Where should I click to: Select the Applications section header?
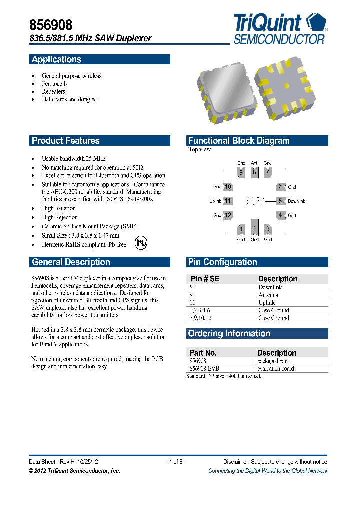click(56, 59)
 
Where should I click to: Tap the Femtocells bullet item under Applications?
click(54, 84)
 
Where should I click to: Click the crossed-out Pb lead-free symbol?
click(142, 244)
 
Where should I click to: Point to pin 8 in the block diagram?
click(254, 173)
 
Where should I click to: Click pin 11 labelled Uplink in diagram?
click(228, 201)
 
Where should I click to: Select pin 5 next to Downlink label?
click(280, 201)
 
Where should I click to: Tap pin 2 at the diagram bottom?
click(254, 229)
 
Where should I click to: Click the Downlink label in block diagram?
click(296, 201)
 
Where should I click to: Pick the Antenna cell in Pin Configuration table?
click(268, 295)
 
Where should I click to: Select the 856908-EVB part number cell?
click(204, 368)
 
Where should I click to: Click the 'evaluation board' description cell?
click(275, 368)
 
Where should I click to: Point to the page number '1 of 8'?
click(175, 462)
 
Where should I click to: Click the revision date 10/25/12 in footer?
click(91, 462)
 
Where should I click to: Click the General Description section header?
click(71, 262)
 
